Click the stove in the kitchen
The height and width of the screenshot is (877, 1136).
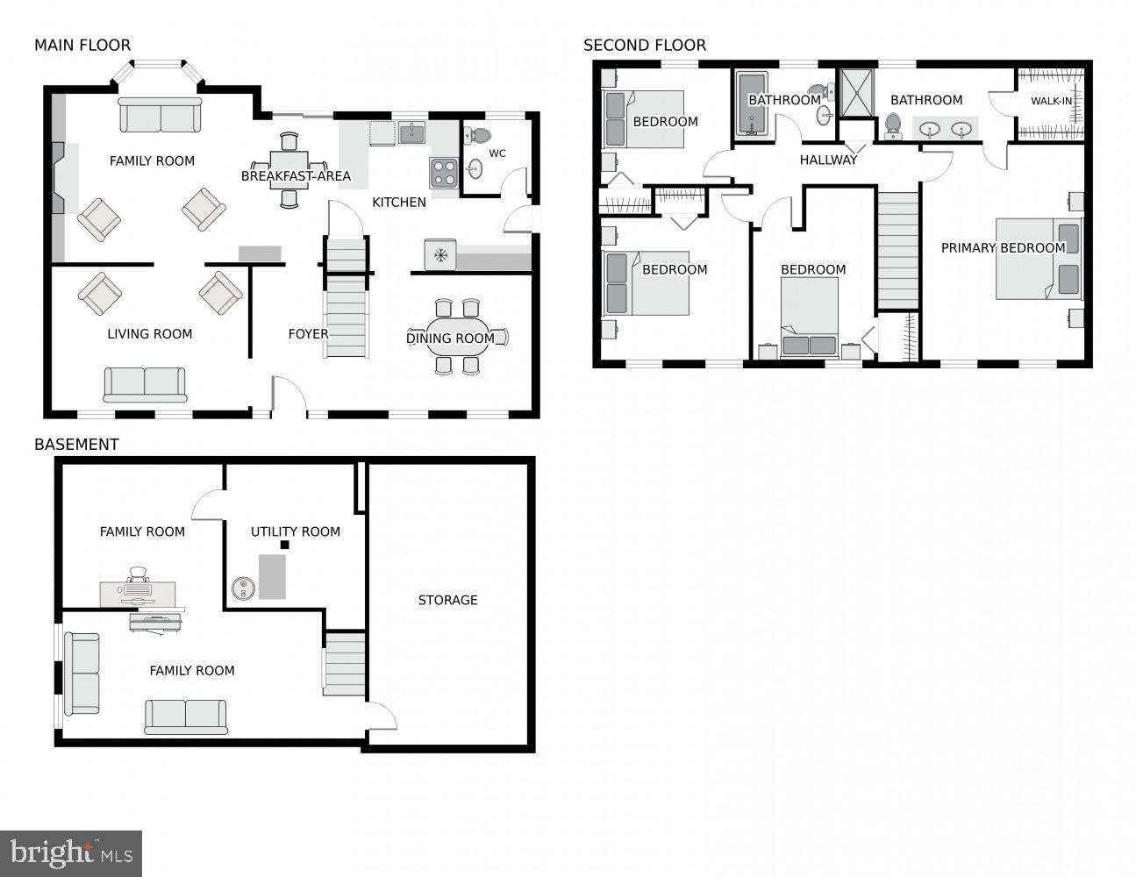click(444, 172)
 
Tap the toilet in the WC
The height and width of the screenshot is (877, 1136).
click(478, 136)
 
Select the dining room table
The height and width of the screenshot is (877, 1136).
click(458, 338)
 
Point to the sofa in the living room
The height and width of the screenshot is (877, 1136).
click(145, 383)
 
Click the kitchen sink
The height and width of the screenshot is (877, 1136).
click(411, 132)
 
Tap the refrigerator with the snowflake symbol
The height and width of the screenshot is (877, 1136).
click(439, 255)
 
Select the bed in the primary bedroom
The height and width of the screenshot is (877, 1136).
click(1038, 259)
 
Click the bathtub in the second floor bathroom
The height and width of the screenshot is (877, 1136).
click(752, 104)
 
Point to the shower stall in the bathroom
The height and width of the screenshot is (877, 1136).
click(857, 93)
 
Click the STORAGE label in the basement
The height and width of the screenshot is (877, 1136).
click(447, 600)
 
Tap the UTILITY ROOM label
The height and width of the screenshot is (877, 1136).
click(295, 531)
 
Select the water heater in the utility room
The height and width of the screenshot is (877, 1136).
click(243, 588)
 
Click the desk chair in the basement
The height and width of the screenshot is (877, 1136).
click(138, 574)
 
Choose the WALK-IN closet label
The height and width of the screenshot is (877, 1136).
click(1051, 101)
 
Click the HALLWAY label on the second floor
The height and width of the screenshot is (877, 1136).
click(828, 160)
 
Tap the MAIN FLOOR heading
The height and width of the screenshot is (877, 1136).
click(82, 45)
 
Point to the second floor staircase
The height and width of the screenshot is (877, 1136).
click(897, 250)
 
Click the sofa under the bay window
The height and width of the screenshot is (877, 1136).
click(160, 115)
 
